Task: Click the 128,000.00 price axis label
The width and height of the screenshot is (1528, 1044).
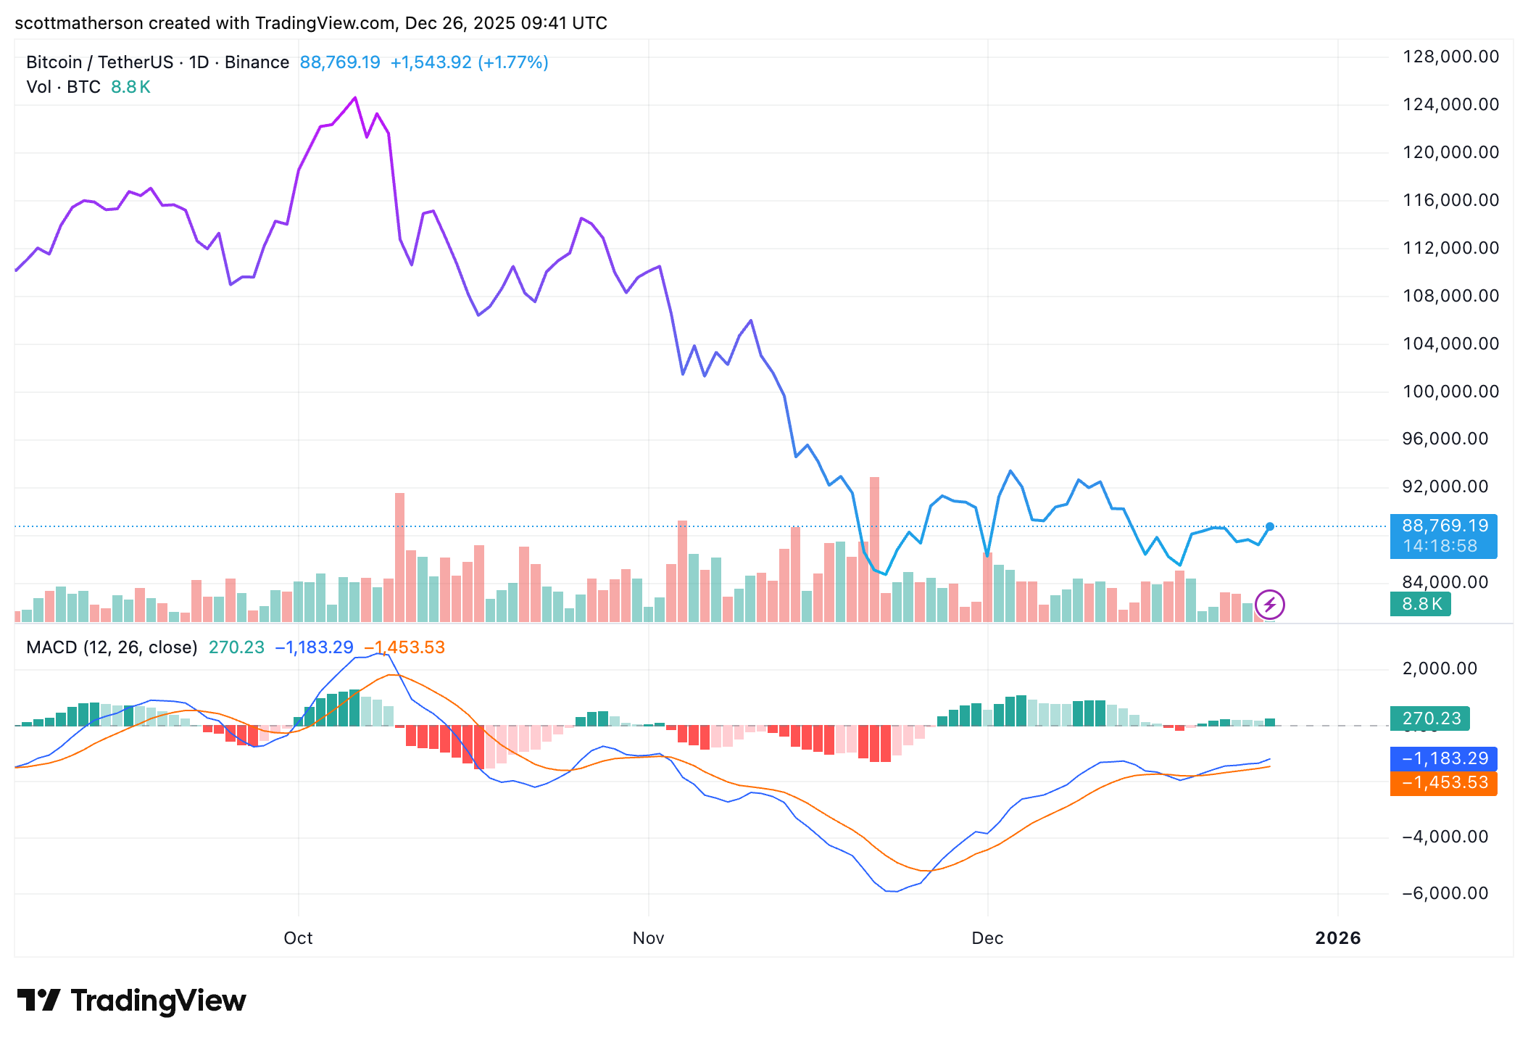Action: pyautogui.click(x=1450, y=57)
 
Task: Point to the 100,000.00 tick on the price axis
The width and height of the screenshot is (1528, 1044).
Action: pyautogui.click(x=1450, y=391)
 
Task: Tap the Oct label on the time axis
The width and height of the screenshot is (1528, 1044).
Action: pyautogui.click(x=298, y=938)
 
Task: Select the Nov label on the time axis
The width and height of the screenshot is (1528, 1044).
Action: pyautogui.click(x=648, y=938)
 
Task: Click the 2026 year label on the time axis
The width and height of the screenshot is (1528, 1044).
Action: pyautogui.click(x=1337, y=938)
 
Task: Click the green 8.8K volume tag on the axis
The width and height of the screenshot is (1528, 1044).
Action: pyautogui.click(x=1421, y=604)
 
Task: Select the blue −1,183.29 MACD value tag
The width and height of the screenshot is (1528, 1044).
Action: pyautogui.click(x=1443, y=758)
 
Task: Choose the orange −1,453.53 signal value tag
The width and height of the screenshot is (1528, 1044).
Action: pyautogui.click(x=1443, y=783)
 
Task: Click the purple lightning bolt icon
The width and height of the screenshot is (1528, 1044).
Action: pyautogui.click(x=1270, y=604)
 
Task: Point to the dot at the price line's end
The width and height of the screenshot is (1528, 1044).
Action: pyautogui.click(x=1270, y=526)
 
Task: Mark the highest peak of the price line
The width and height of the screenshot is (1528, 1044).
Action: pyautogui.click(x=354, y=98)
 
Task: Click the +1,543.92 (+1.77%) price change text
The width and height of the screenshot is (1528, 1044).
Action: pyautogui.click(x=469, y=62)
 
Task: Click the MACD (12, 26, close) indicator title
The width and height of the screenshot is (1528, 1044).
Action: pyautogui.click(x=112, y=647)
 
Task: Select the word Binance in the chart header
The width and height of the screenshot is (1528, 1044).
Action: pyautogui.click(x=257, y=62)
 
